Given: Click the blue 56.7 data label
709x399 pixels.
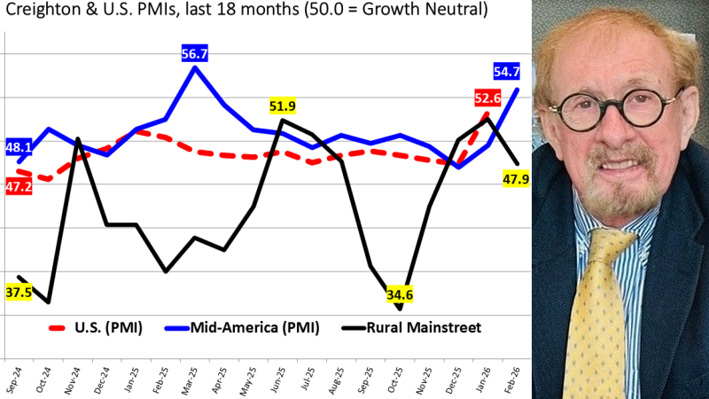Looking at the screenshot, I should pyautogui.click(x=194, y=54).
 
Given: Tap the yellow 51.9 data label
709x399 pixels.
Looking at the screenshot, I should pyautogui.click(x=282, y=106).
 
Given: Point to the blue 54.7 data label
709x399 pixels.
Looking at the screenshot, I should pyautogui.click(x=507, y=71).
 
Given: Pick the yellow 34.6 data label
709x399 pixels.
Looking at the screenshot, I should pyautogui.click(x=401, y=293).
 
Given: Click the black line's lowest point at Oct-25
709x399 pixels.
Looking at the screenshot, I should pyautogui.click(x=400, y=309).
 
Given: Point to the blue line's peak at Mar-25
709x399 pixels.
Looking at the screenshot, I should pyautogui.click(x=195, y=67).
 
